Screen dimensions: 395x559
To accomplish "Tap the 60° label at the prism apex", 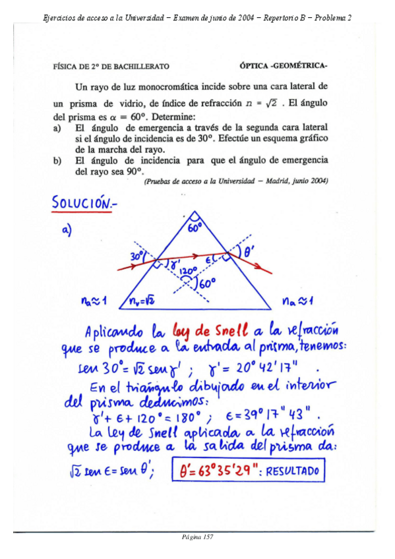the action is (196, 227).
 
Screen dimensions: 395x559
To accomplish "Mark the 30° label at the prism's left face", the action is (137, 255).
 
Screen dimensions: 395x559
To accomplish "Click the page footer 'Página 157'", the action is (197, 537).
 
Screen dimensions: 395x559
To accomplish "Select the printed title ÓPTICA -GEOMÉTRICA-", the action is (284, 67).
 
